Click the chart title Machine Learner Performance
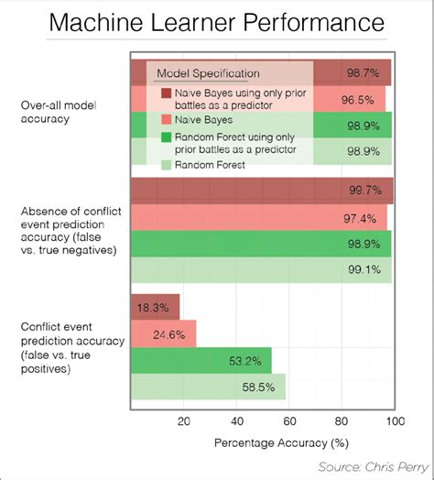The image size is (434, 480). [216, 21]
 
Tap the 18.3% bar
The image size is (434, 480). [156, 308]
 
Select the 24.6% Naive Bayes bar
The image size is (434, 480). [164, 334]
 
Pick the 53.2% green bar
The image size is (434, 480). [201, 361]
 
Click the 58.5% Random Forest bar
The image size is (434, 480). [209, 387]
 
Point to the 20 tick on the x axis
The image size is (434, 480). [183, 422]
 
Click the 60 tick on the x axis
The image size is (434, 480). [289, 422]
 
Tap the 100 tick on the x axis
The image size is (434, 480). [396, 422]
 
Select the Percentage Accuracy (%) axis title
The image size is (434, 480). [268, 443]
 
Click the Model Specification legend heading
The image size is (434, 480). [208, 72]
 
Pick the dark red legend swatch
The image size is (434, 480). [166, 93]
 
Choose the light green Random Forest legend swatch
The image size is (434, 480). [166, 165]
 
